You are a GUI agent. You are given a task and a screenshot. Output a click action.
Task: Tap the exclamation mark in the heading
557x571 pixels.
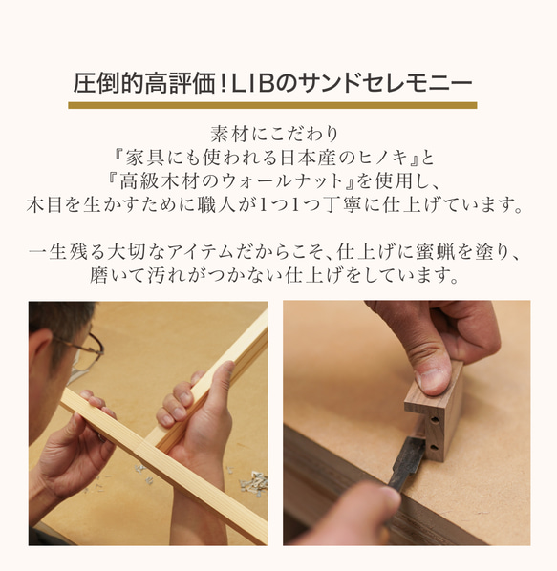click(221, 83)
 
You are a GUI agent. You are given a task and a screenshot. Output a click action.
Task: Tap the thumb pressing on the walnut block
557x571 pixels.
click(431, 369)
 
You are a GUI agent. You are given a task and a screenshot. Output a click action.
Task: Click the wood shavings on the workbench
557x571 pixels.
click(253, 482)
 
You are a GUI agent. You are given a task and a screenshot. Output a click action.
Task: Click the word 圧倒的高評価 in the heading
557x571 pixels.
click(141, 83)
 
